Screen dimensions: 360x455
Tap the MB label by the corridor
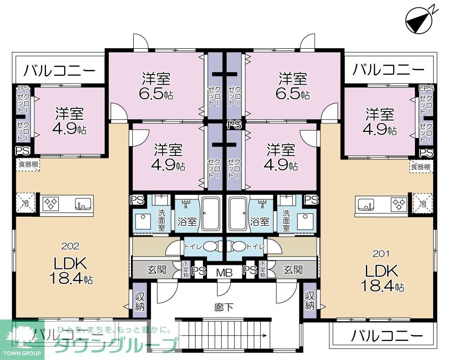tap(224, 273)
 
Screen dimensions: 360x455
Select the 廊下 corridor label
tap(223, 307)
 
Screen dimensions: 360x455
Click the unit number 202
tap(70, 246)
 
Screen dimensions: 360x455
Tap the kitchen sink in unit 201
tap(365, 203)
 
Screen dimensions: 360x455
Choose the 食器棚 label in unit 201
tap(421, 167)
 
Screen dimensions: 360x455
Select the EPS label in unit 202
tap(22, 88)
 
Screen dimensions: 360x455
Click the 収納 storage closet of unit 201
tap(310, 301)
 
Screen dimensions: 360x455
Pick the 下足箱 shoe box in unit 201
tap(263, 269)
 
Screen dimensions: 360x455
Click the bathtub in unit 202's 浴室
tap(212, 213)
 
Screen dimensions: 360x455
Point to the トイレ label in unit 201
tap(253, 246)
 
